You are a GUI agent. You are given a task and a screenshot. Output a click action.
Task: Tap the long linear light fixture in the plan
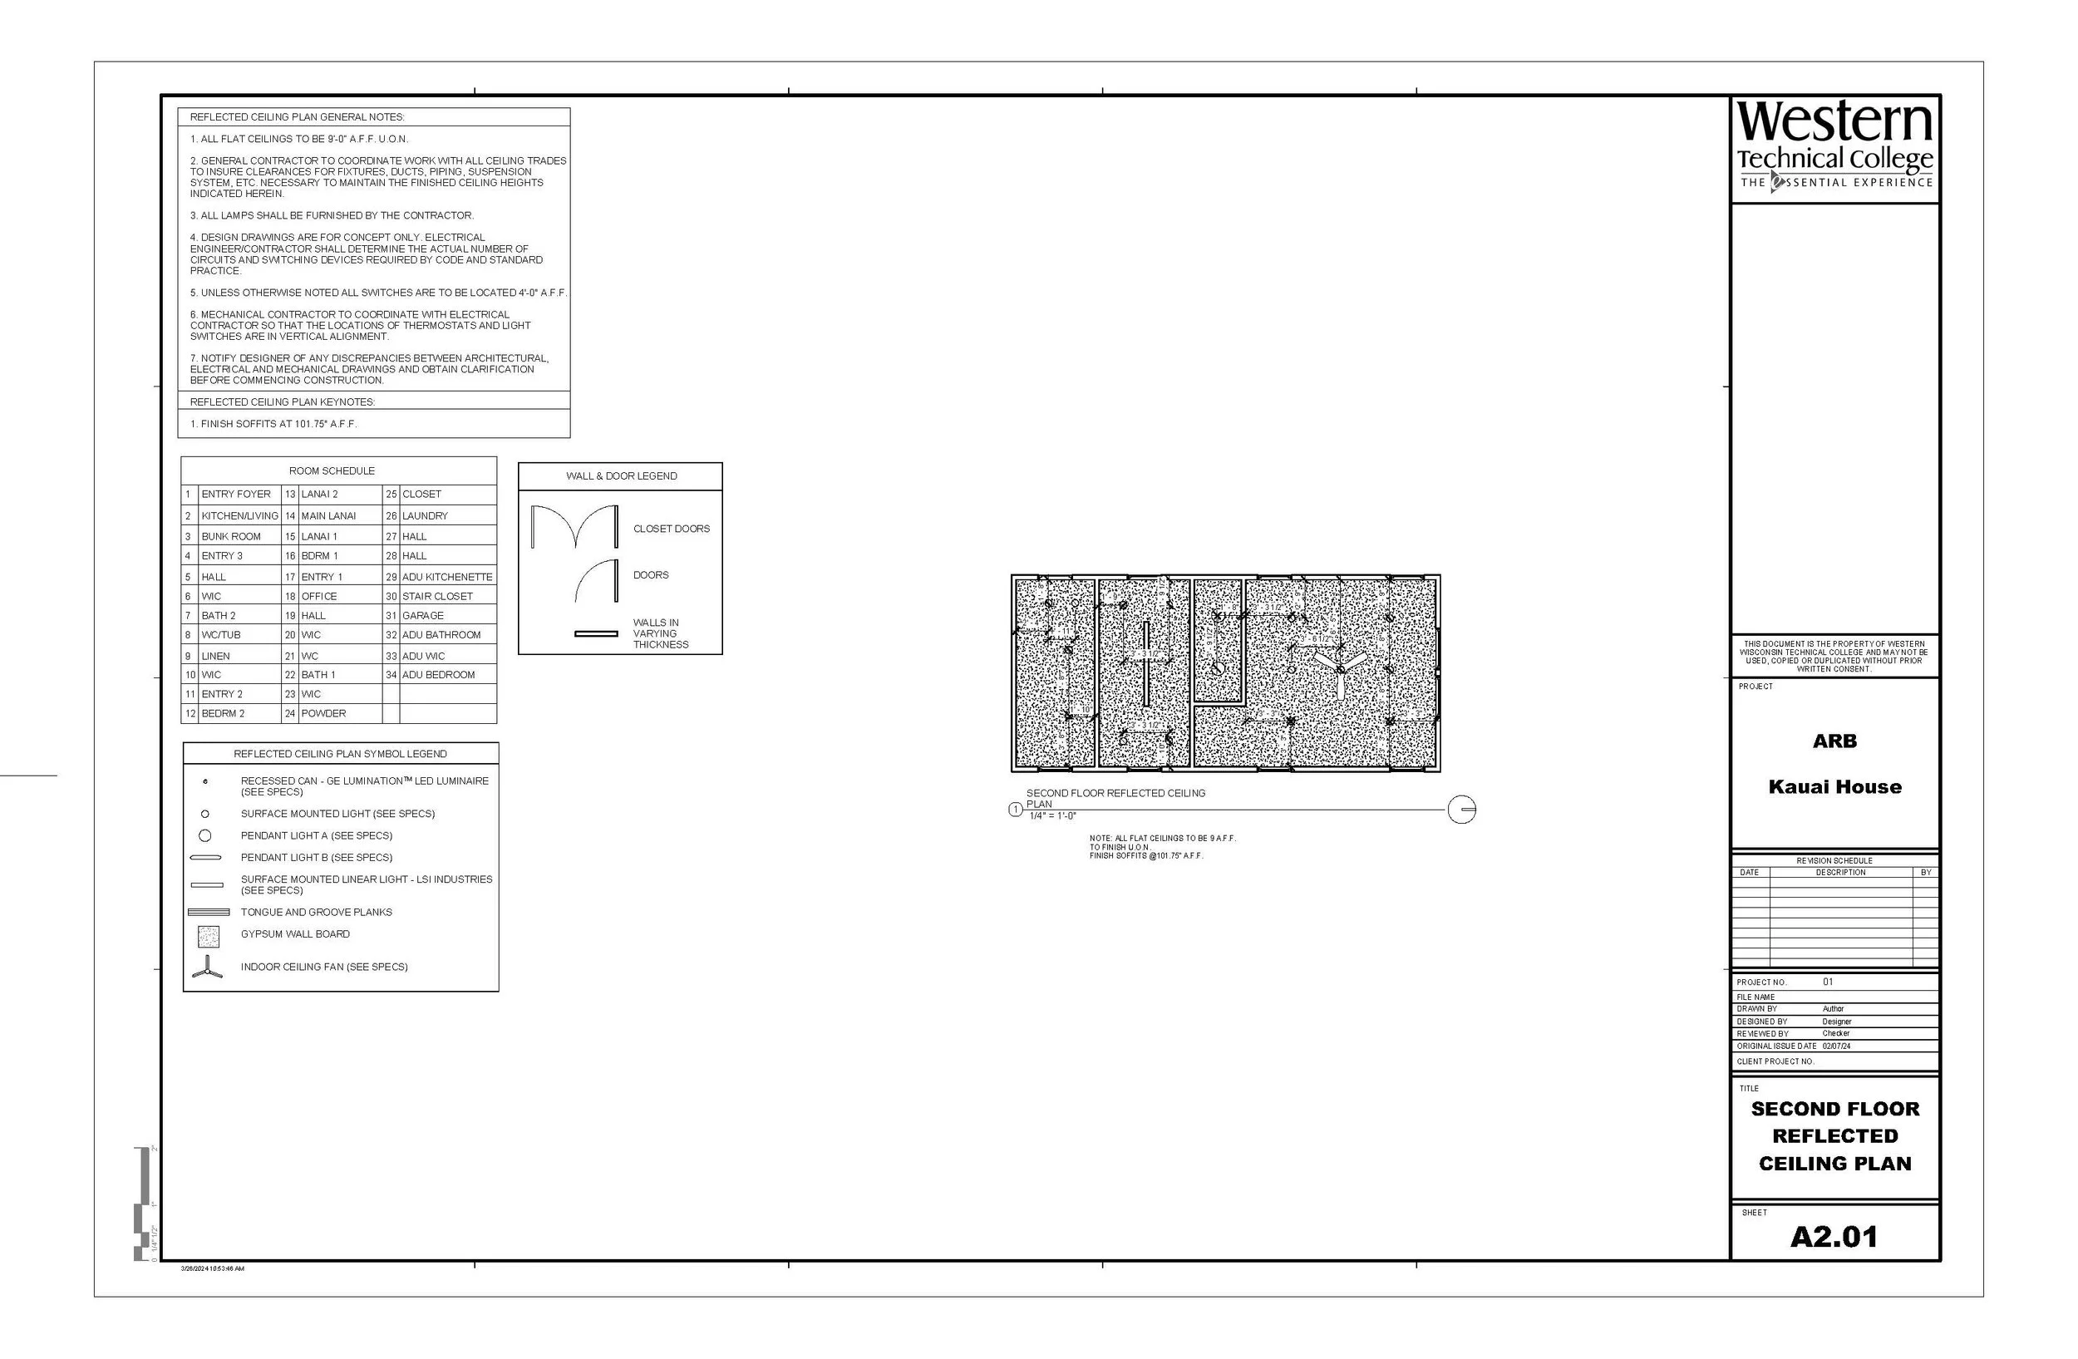(1145, 663)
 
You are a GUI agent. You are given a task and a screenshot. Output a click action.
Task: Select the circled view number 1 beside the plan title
(1015, 810)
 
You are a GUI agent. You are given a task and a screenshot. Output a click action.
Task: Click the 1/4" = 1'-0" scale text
(1052, 816)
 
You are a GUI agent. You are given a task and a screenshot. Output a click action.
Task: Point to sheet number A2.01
(1834, 1236)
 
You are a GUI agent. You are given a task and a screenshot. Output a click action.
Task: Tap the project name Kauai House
(1834, 786)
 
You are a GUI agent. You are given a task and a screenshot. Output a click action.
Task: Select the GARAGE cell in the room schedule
(423, 615)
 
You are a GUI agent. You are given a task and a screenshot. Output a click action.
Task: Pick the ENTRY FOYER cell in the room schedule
(236, 494)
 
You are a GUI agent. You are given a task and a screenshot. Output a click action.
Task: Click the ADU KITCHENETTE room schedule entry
(447, 577)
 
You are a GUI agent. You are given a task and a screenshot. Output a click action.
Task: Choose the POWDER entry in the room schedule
(324, 713)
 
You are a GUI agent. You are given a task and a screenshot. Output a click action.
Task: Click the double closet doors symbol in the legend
(574, 526)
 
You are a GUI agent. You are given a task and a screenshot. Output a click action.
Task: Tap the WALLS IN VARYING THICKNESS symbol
(595, 633)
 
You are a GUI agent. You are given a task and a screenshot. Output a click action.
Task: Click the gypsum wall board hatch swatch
(208, 937)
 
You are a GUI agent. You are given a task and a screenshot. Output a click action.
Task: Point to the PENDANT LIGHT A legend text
(316, 835)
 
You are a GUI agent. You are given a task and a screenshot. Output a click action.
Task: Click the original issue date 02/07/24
(1836, 1046)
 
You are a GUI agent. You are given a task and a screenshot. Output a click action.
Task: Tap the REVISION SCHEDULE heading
(1834, 860)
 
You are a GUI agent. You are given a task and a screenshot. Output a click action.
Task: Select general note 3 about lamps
(332, 215)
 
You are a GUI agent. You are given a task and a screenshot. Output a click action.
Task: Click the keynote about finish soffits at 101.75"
(273, 424)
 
